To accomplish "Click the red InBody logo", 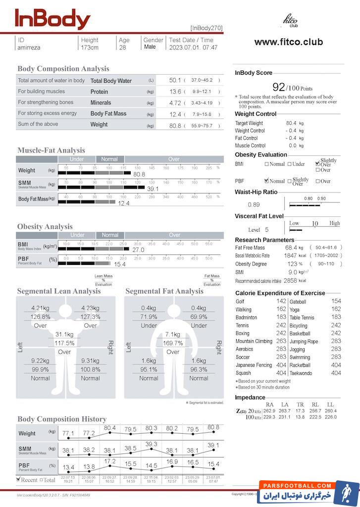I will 52,19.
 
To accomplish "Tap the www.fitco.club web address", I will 288,42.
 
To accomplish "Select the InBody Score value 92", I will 279,88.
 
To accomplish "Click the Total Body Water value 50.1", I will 175,80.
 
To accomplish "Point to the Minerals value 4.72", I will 175,103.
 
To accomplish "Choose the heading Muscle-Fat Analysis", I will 51,150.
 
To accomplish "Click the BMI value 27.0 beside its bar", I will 138,250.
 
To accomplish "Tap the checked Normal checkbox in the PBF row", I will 267,181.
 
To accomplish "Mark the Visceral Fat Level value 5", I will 266,230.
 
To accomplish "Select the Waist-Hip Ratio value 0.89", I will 254,204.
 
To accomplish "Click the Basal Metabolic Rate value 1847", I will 290,255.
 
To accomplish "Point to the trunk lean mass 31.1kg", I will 64,334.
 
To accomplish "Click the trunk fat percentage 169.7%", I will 173,343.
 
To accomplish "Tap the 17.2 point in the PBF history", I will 109,461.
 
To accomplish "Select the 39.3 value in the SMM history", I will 151,444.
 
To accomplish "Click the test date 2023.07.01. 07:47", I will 193,48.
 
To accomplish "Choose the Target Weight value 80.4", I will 291,123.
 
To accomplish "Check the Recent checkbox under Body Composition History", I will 18,479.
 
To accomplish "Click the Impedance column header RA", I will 269,405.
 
